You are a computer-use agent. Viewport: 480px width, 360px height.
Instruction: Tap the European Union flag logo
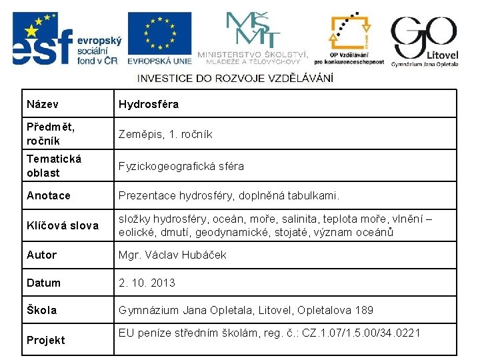[x=160, y=39]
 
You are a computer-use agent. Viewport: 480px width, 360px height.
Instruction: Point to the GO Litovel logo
[x=424, y=40]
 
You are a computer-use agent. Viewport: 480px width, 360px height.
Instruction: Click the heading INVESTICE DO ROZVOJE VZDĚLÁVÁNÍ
[x=235, y=78]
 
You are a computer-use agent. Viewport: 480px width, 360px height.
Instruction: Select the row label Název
[x=43, y=105]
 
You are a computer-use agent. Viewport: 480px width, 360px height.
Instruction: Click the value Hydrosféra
[x=149, y=105]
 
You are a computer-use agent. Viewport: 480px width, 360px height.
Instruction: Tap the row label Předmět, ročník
[x=51, y=133]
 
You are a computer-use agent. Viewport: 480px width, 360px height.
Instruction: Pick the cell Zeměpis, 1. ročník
[x=165, y=134]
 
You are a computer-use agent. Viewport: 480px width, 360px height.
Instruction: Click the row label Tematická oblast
[x=54, y=165]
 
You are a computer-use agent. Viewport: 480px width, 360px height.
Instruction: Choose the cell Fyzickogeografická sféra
[x=181, y=166]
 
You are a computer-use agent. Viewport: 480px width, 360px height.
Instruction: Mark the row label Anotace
[x=49, y=196]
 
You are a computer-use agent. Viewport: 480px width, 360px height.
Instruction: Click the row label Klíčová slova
[x=63, y=225]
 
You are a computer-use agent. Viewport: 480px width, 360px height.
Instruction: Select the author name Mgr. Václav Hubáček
[x=173, y=255]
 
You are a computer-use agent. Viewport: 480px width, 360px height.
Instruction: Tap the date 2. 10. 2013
[x=147, y=283]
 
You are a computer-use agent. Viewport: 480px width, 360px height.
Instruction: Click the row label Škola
[x=42, y=310]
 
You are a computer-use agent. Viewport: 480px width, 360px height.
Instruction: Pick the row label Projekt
[x=46, y=340]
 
